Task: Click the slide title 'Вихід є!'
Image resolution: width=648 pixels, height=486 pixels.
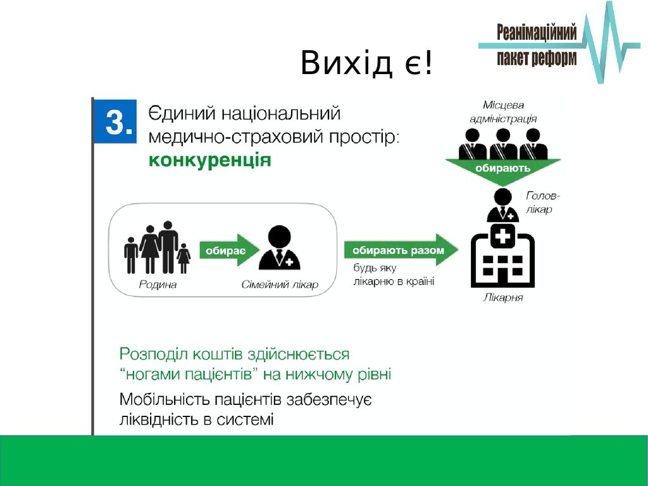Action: (366, 63)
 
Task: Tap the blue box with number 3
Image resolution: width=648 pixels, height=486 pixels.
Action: (115, 121)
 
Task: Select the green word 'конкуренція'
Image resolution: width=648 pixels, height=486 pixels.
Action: (210, 160)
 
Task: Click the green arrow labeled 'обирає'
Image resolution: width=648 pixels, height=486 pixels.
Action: (229, 251)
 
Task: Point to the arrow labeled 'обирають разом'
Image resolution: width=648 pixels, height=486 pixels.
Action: (401, 250)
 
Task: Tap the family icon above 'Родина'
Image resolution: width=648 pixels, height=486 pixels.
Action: (158, 247)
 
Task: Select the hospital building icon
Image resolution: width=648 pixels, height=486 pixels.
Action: (503, 256)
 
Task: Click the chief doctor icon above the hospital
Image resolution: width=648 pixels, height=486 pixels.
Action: (502, 206)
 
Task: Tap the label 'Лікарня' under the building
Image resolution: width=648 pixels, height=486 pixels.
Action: (503, 297)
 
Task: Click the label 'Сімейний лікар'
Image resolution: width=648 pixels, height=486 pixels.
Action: (280, 285)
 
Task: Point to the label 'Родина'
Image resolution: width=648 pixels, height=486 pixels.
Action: (158, 285)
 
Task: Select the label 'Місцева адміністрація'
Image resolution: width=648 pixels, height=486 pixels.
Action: (503, 112)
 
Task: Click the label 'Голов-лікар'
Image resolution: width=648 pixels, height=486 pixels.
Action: (542, 202)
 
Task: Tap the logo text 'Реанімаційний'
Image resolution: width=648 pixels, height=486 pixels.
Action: (537, 33)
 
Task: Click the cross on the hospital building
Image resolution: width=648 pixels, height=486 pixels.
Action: (502, 236)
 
